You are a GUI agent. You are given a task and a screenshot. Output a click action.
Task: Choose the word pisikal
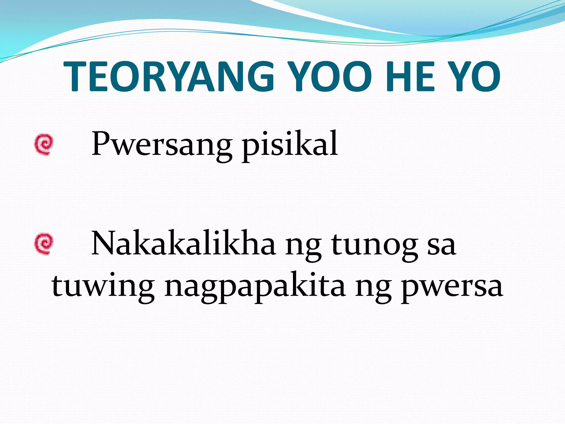290,145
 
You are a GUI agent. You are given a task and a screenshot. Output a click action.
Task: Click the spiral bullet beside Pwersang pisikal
44,144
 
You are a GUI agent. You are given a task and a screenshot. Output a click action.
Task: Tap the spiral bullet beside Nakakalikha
44,244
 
